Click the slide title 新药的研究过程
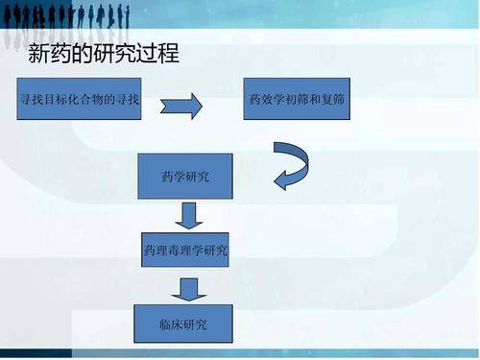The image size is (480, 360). (104, 54)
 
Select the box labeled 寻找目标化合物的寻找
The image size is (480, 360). (81, 99)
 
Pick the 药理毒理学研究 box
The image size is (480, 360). (186, 251)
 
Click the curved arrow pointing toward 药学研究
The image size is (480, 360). (292, 165)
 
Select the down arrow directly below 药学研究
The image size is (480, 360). (189, 214)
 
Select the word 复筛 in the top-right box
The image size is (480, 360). (332, 99)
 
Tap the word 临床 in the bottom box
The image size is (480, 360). (172, 324)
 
